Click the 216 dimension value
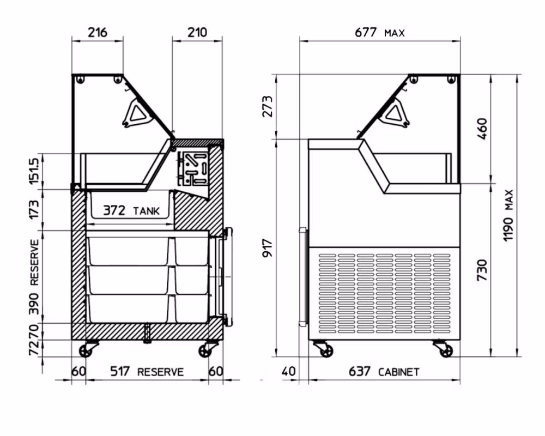(x=98, y=32)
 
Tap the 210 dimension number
(x=197, y=32)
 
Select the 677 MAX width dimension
(x=379, y=32)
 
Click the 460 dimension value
(x=482, y=129)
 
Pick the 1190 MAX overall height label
(x=508, y=215)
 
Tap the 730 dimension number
(x=482, y=270)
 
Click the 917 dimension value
(x=268, y=247)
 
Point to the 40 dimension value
(x=288, y=371)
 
